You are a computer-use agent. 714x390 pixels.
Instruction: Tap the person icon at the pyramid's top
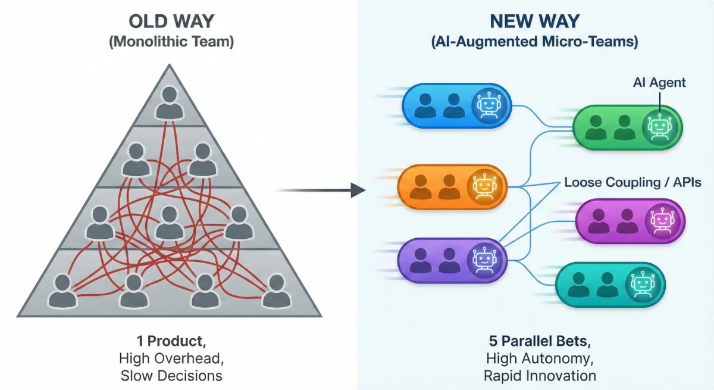pos(170,103)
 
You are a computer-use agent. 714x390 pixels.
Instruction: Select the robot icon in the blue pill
pos(487,105)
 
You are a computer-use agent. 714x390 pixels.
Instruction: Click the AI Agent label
pos(659,83)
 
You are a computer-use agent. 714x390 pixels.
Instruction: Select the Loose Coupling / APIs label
pos(632,183)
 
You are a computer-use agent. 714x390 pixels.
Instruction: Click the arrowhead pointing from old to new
pos(358,191)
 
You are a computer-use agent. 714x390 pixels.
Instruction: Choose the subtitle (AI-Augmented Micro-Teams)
pos(535,43)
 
